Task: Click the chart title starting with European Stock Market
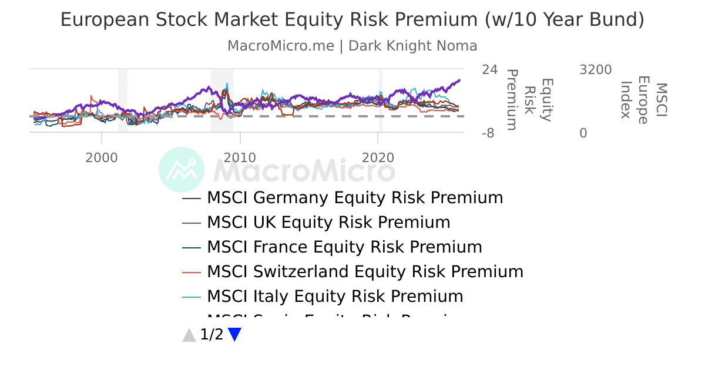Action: coord(352,20)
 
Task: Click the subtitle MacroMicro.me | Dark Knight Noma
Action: coord(352,46)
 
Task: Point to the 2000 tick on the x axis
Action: coord(102,157)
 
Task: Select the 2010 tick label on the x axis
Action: coord(240,157)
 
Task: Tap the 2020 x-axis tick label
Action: coord(378,157)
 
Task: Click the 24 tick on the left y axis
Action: coord(489,70)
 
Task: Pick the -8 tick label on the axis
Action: coord(489,133)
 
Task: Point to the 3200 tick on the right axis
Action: coord(595,70)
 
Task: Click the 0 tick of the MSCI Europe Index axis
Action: coord(583,133)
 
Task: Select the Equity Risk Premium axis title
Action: coord(529,100)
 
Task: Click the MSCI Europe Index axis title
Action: coord(644,100)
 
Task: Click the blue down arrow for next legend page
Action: coord(234,335)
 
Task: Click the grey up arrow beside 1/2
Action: coord(189,335)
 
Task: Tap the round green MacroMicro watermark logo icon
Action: coord(182,170)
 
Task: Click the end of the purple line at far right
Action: coord(459,80)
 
